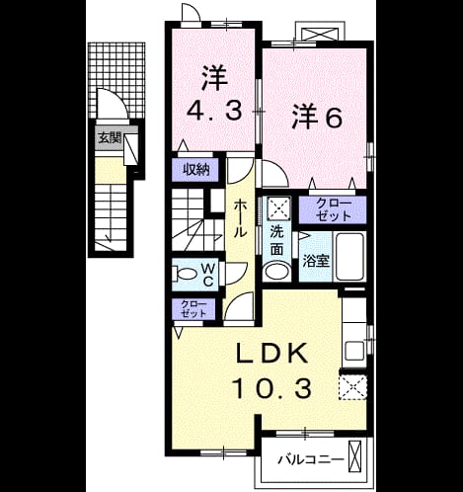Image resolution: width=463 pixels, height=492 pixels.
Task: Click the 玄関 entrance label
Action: pos(110,138)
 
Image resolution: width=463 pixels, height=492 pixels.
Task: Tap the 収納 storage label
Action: pos(196,170)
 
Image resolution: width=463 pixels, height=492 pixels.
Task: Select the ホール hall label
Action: pos(240,218)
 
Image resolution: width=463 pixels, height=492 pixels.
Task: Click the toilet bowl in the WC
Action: pos(185,273)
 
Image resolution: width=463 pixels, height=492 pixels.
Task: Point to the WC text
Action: pos(208,275)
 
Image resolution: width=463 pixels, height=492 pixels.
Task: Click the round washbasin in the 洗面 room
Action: pos(277,272)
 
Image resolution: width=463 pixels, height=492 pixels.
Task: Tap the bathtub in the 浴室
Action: pos(349,257)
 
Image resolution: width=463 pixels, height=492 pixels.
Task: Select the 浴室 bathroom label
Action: pos(316,261)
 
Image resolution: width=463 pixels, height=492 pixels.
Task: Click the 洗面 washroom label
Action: pos(277,241)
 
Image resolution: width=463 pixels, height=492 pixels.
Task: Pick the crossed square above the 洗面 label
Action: pos(278,208)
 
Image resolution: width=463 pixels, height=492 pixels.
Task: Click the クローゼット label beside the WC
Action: pos(193,308)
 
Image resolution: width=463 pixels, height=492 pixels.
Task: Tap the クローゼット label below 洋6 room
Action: pos(334,209)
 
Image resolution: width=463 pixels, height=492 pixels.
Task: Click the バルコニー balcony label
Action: pos(311,459)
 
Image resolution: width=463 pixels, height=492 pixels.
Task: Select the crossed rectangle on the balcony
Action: pos(354,456)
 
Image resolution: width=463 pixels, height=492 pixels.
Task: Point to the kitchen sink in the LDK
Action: pos(354,351)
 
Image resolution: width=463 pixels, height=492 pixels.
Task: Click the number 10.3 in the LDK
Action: pos(271,388)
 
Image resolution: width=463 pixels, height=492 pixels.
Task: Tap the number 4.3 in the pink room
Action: pos(215,111)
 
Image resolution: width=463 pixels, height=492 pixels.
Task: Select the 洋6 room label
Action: pos(318,116)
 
